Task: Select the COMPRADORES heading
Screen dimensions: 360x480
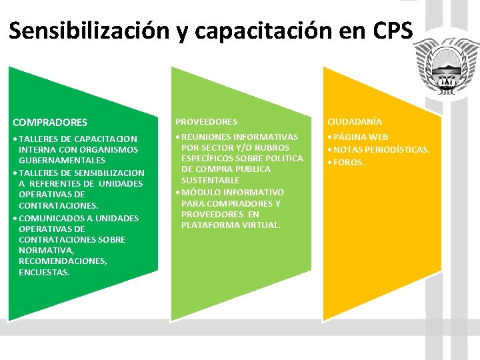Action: pyautogui.click(x=50, y=123)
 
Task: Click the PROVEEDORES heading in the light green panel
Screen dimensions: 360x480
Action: pyautogui.click(x=206, y=122)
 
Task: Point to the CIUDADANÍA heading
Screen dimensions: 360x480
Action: pyautogui.click(x=354, y=122)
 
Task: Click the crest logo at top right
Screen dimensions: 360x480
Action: pyautogui.click(x=442, y=67)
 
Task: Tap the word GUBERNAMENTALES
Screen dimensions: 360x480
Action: pyautogui.click(x=62, y=161)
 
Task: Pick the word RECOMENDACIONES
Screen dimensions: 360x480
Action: pyautogui.click(x=63, y=261)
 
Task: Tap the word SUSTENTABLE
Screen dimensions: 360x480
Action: pyautogui.click(x=210, y=181)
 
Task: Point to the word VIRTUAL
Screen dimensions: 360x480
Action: pyautogui.click(x=261, y=225)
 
